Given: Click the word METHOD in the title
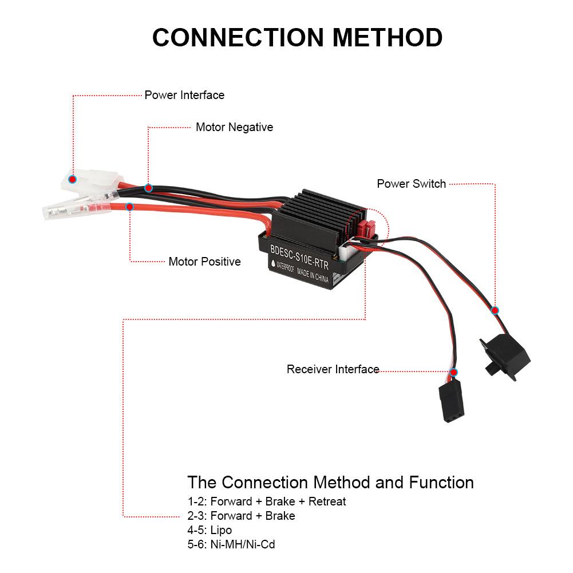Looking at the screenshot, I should (388, 37).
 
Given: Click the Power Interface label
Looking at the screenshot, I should (184, 95).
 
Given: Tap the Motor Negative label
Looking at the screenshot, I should (234, 127).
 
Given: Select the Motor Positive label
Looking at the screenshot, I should (204, 262).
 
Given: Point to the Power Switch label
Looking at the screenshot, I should (411, 184).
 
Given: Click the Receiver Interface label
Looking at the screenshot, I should (333, 369).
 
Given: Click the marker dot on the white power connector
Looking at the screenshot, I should (72, 179).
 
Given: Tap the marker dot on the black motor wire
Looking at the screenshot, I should (148, 188).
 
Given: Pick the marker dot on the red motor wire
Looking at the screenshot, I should (130, 206).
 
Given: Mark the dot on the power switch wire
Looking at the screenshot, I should (495, 310).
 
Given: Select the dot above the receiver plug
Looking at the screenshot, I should (453, 372).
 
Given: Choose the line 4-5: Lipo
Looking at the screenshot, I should (210, 530).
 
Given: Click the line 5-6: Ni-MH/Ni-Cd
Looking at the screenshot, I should (231, 544).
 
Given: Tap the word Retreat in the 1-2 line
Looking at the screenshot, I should (327, 501).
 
